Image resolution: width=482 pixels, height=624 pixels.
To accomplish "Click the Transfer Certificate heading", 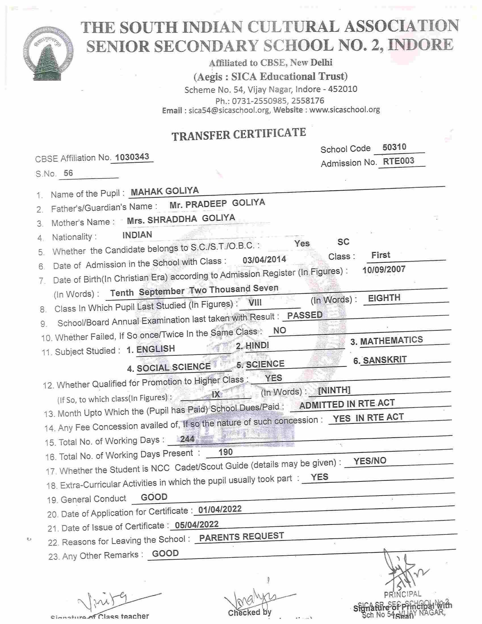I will coord(239,134).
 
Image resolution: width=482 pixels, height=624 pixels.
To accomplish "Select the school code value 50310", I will coord(394,147).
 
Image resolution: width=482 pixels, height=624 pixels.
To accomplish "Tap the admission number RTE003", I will coord(398,161).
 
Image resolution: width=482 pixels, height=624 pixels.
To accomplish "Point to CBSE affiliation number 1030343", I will coord(132,157).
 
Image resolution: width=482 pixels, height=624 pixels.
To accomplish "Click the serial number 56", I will coord(68,173).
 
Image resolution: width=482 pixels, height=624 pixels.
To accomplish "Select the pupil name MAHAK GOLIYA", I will coord(165,191).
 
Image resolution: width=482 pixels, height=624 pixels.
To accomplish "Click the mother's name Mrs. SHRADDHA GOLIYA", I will coord(181,219).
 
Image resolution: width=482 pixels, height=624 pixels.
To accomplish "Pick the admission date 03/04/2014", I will coord(264,260).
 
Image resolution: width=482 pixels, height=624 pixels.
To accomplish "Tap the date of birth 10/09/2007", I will coord(384,270).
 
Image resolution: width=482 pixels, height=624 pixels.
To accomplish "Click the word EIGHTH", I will coord(384,298).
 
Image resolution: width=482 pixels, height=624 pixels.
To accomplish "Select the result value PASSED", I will coord(305,315).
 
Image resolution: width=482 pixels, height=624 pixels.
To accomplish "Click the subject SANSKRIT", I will coord(384,360).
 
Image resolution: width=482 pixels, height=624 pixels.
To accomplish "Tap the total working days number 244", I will coord(187,439).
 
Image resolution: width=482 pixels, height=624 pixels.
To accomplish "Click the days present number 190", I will coord(225,452).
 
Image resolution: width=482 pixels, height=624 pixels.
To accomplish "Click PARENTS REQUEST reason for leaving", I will coord(242,537).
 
